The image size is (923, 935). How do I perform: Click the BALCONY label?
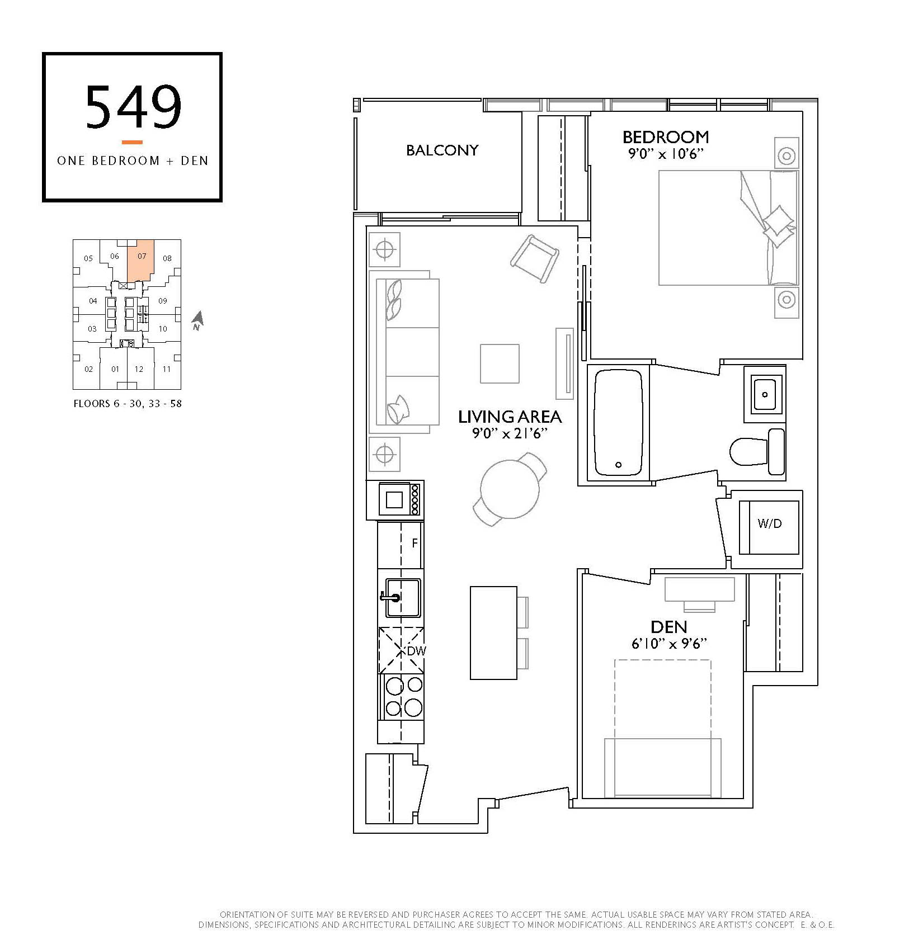pos(442,150)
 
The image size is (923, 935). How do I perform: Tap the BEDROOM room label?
pos(666,137)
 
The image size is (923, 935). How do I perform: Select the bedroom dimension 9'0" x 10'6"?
pos(666,154)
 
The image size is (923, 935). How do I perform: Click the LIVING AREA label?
pos(510,417)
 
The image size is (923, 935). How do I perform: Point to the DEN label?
pos(669,627)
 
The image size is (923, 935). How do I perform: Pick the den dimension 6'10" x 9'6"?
pos(669,644)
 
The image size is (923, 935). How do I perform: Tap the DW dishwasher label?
pos(416,651)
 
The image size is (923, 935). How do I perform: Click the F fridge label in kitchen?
pos(415,543)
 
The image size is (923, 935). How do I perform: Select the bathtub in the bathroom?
pos(618,422)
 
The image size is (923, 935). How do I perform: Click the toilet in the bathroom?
pos(757,452)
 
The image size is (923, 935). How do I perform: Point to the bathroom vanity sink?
pos(765,394)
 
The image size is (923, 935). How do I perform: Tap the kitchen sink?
pos(402,598)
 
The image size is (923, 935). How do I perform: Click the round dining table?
pos(510,489)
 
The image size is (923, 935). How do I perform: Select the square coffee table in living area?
pos(500,363)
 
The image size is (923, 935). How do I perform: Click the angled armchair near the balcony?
pos(534,259)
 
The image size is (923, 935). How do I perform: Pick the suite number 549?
pos(134,106)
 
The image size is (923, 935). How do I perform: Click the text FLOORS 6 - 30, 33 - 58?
pos(128,403)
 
